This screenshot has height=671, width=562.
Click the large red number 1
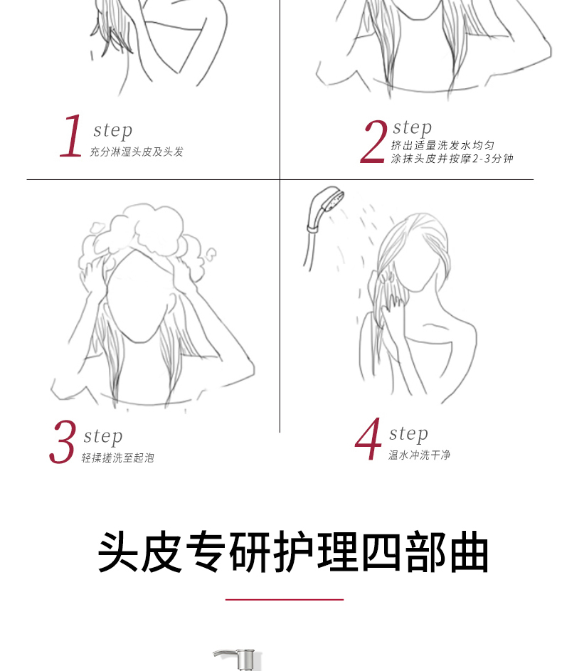[x=72, y=136]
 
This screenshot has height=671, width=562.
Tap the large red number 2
[x=373, y=141]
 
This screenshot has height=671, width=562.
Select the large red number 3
[x=63, y=442]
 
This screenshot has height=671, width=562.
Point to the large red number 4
[x=369, y=438]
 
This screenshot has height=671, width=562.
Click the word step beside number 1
[x=113, y=130]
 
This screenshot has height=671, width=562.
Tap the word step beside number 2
[x=413, y=127]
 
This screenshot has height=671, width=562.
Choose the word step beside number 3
[x=103, y=436]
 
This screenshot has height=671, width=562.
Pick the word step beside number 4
[x=408, y=433]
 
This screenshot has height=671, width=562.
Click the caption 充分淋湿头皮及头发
[x=137, y=152]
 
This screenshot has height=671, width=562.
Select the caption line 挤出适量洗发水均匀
[x=442, y=145]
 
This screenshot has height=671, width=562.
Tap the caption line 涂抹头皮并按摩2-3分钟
[x=452, y=159]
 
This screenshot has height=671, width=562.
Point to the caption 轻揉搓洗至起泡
[x=117, y=458]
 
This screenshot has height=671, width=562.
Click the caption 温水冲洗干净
[x=420, y=455]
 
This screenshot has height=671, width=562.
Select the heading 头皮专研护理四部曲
[x=293, y=551]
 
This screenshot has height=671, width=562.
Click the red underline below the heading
[x=285, y=600]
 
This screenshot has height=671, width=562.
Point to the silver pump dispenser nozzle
[x=236, y=659]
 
